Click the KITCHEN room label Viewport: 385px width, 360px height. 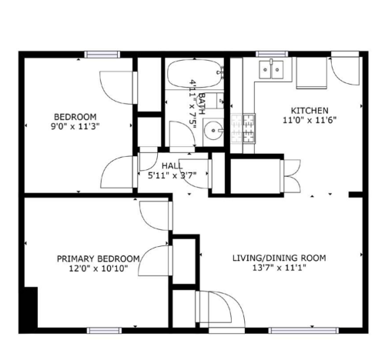(x=310, y=111)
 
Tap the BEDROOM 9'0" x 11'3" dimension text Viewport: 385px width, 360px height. (x=75, y=126)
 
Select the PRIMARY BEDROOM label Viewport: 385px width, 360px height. (x=99, y=258)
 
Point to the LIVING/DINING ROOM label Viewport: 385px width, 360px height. (x=280, y=258)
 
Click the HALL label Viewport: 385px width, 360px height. (x=172, y=166)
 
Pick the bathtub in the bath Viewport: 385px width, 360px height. (x=195, y=74)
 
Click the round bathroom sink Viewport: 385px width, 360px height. (x=213, y=130)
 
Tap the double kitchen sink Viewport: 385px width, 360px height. (x=271, y=69)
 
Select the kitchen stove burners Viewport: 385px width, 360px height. (x=243, y=128)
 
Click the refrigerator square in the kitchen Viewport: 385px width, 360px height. (x=312, y=73)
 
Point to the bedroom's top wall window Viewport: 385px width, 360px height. (x=102, y=55)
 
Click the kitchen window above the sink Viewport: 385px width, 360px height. (x=272, y=54)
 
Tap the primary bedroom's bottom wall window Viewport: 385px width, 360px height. (x=104, y=331)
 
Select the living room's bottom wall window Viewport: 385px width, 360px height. (x=303, y=331)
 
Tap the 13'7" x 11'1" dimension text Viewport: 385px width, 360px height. (x=280, y=268)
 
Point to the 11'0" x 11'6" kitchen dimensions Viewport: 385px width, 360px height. (x=310, y=120)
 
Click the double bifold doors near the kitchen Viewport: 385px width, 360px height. (x=293, y=175)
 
